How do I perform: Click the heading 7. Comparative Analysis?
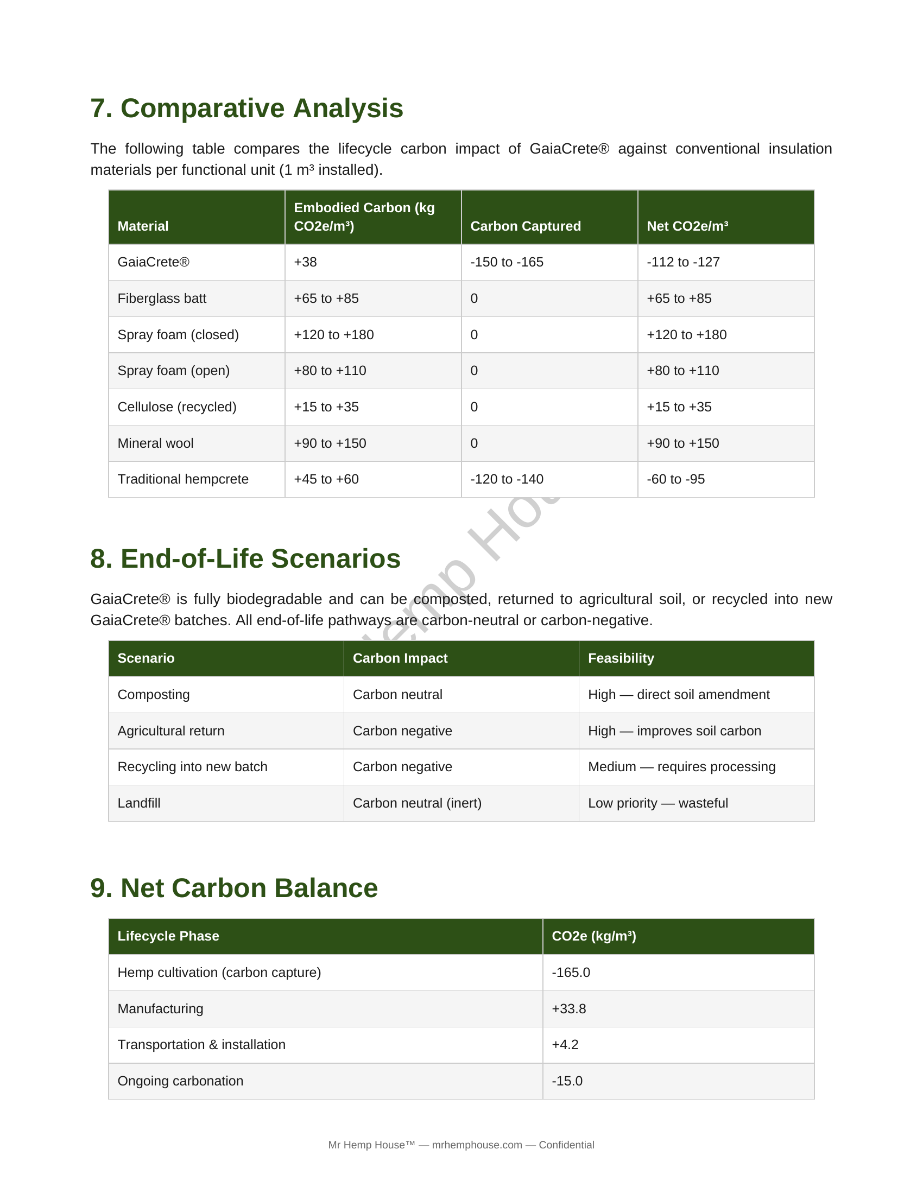click(x=246, y=108)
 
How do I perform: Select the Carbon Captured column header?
click(x=525, y=226)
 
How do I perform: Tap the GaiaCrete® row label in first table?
click(x=154, y=262)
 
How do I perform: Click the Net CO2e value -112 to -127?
click(x=683, y=262)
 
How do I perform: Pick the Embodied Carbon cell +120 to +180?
click(x=333, y=334)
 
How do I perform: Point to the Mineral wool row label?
click(x=155, y=443)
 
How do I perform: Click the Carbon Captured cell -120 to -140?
click(x=507, y=479)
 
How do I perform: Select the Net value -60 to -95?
click(x=675, y=479)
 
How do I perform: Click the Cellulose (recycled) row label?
click(x=176, y=407)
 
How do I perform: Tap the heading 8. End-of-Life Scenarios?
click(x=245, y=558)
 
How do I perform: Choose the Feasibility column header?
click(x=621, y=658)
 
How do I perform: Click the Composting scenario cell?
click(x=154, y=694)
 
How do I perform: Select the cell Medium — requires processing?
click(x=681, y=766)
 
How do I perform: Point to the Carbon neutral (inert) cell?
click(x=416, y=803)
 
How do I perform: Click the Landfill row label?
click(x=139, y=803)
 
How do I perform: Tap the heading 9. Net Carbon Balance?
click(x=234, y=888)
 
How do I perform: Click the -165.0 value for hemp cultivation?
click(x=570, y=972)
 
